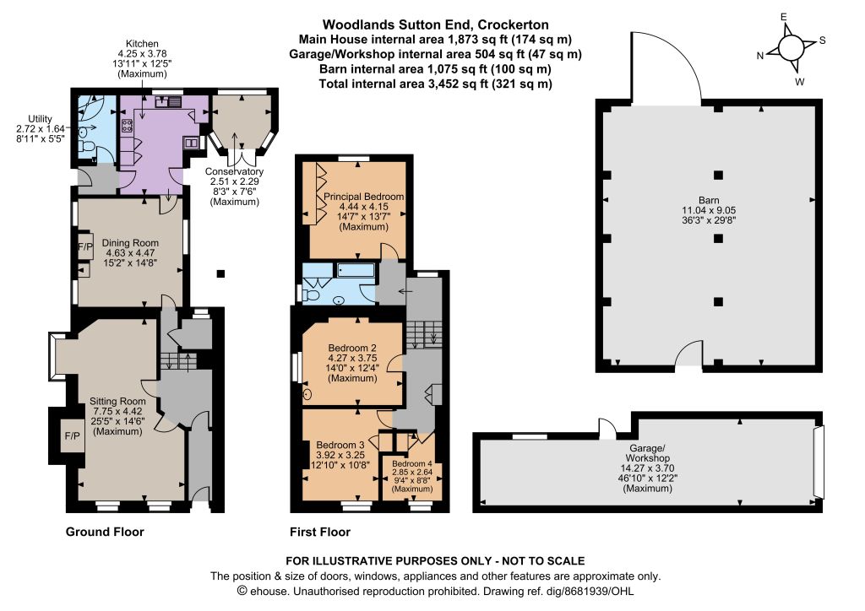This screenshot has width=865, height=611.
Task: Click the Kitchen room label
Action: coord(142,44)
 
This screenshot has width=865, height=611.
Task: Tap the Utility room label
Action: coord(40,119)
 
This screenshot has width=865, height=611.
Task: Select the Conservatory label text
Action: coord(235,171)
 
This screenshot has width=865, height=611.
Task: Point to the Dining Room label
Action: coord(130,243)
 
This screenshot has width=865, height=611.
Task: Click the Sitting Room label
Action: coord(117,402)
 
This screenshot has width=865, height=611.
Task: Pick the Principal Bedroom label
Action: coord(363,197)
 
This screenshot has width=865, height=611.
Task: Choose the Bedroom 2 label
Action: coord(352,349)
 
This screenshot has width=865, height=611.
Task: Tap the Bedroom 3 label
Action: coord(340,445)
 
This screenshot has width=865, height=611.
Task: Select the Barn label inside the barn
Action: coord(709,201)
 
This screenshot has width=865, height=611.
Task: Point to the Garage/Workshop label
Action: coord(648,453)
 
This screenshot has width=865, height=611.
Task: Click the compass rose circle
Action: coord(791,47)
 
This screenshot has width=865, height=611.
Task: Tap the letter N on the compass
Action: coord(760,56)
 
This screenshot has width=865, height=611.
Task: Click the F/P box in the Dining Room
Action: coord(85,247)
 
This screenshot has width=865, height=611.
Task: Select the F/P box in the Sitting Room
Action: coord(72,436)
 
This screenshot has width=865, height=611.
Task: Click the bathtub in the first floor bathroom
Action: coord(356,270)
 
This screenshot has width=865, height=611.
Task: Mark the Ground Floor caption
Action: coord(105,533)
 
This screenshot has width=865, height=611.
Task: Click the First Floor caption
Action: coord(320,533)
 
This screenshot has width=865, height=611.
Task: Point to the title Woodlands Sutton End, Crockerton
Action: coord(435,24)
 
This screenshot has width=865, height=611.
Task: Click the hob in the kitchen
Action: coord(127,126)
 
